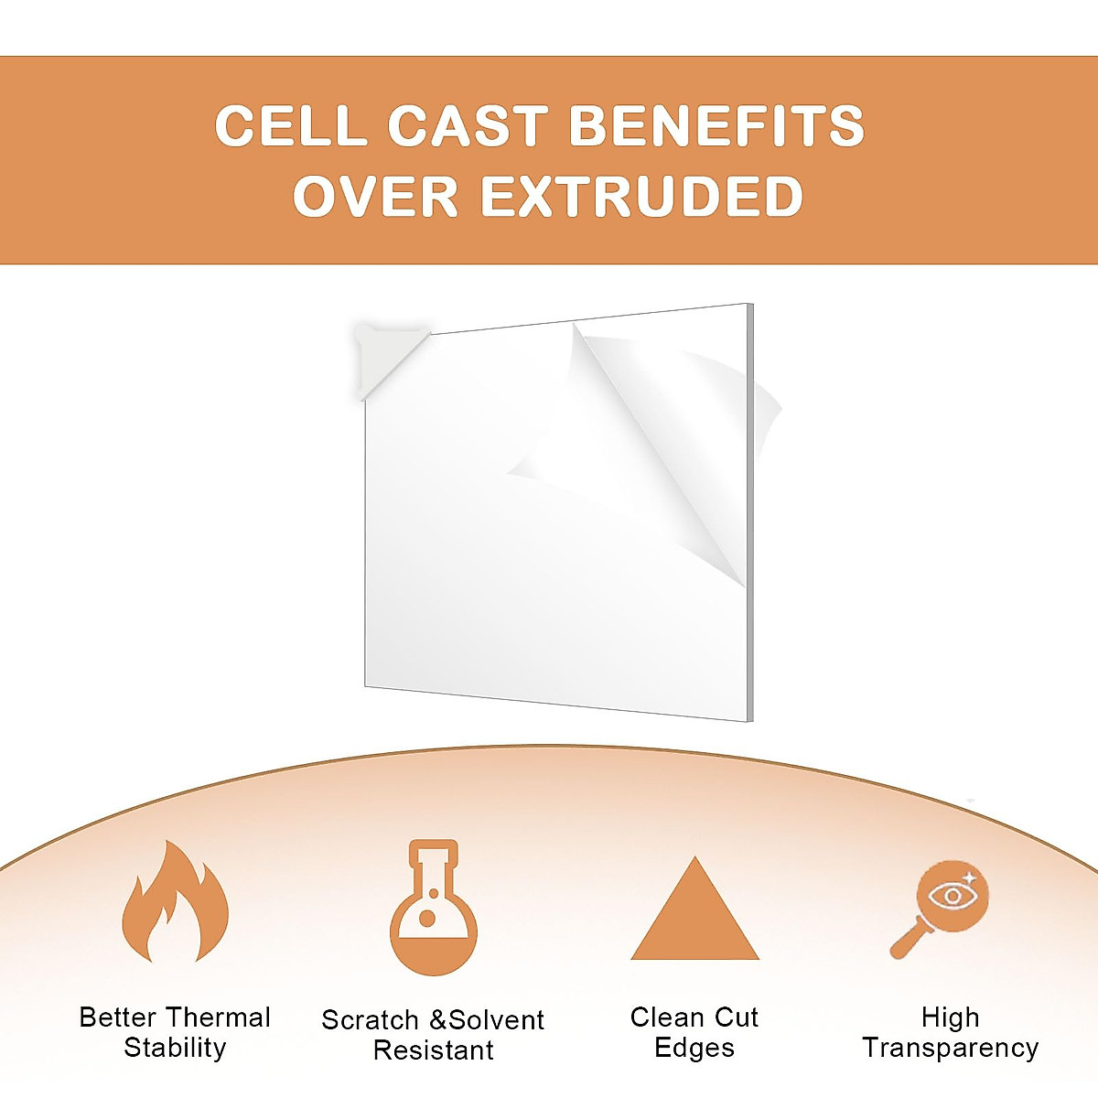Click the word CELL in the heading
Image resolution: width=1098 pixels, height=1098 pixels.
point(291,125)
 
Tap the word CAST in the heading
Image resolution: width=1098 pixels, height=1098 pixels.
point(468,125)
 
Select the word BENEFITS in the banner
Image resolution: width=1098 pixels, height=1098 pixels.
point(716,125)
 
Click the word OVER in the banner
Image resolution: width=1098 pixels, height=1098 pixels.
point(375,196)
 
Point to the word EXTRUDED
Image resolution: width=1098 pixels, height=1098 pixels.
point(642,196)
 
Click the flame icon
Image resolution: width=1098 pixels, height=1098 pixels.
point(176,901)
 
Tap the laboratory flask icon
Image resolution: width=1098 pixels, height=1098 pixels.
point(434,907)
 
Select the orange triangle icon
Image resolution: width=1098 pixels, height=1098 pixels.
point(694,908)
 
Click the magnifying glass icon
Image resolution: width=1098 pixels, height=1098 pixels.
point(940,909)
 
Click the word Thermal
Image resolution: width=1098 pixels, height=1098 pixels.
point(219,1017)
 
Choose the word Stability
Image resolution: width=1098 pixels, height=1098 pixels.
point(175,1048)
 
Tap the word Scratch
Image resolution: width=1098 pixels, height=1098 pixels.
point(370,1020)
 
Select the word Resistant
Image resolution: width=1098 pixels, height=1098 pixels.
point(434,1050)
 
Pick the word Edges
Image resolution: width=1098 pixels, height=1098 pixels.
point(694,1048)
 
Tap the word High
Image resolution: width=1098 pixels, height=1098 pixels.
point(951,1017)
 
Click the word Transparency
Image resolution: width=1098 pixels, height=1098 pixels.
point(951,1049)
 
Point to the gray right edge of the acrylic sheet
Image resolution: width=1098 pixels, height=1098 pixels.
point(750,512)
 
